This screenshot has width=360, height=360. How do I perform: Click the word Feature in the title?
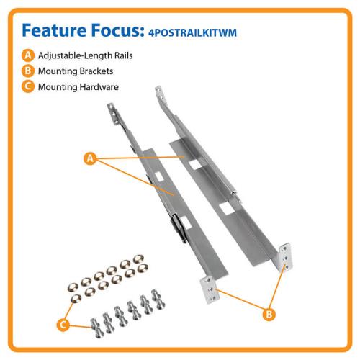click(x=54, y=30)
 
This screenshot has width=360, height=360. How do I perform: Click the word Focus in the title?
click(x=117, y=30)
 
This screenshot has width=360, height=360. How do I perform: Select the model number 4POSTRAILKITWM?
click(x=192, y=33)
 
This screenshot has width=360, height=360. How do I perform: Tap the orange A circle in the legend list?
click(x=28, y=55)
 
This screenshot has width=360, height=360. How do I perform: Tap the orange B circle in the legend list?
click(x=28, y=71)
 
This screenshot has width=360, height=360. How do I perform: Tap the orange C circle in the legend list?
click(x=28, y=86)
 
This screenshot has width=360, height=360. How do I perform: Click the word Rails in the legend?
click(x=123, y=55)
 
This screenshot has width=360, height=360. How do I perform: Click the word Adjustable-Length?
click(x=75, y=56)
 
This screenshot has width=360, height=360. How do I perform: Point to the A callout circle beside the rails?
click(x=90, y=158)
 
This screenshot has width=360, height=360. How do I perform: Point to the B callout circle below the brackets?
click(x=269, y=314)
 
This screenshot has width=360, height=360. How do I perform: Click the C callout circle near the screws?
click(x=63, y=325)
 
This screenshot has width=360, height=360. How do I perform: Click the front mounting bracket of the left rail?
click(x=210, y=289)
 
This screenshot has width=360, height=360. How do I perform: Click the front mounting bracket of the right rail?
click(x=285, y=257)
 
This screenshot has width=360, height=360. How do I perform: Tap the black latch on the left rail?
click(x=179, y=228)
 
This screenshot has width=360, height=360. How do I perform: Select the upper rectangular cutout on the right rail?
click(x=195, y=165)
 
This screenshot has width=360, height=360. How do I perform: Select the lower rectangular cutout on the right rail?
click(x=226, y=208)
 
